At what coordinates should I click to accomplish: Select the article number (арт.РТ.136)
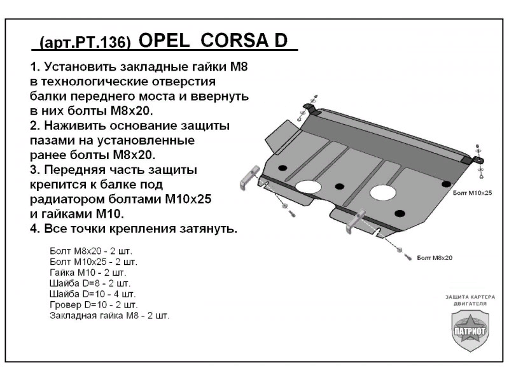pyautogui.click(x=85, y=42)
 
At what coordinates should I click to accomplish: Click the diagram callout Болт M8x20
pyautogui.click(x=435, y=258)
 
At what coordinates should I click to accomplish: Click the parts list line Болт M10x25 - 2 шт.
pyautogui.click(x=92, y=261)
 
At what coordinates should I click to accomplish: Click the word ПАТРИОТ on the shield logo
pyautogui.click(x=470, y=332)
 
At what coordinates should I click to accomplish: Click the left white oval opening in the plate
pyautogui.click(x=308, y=187)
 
